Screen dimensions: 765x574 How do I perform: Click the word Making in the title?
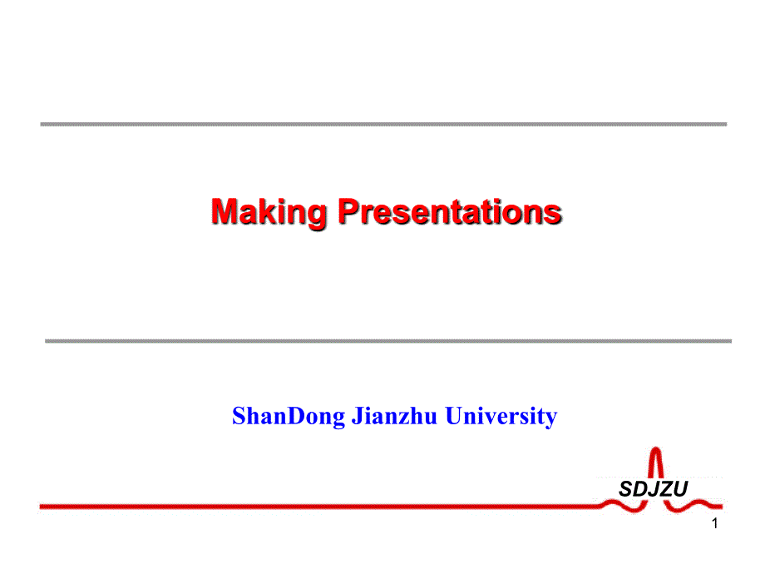click(269, 213)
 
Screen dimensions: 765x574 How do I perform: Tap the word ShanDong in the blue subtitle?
click(289, 416)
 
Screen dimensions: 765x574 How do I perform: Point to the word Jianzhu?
click(394, 416)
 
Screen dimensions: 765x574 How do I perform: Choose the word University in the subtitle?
click(501, 416)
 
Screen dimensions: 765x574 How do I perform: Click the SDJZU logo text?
click(654, 488)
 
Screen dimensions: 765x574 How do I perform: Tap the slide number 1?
click(715, 523)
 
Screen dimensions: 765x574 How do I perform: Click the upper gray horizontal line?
click(383, 125)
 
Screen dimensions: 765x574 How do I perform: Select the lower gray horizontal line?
click(388, 341)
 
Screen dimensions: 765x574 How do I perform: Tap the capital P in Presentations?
click(349, 211)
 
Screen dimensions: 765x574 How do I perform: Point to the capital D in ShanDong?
click(297, 416)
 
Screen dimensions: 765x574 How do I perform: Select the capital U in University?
click(455, 416)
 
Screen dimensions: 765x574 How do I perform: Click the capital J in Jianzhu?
click(357, 416)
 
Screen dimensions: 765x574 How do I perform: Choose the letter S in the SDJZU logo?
click(625, 488)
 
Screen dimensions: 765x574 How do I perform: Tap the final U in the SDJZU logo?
click(680, 488)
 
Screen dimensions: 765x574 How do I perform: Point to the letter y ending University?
click(551, 420)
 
